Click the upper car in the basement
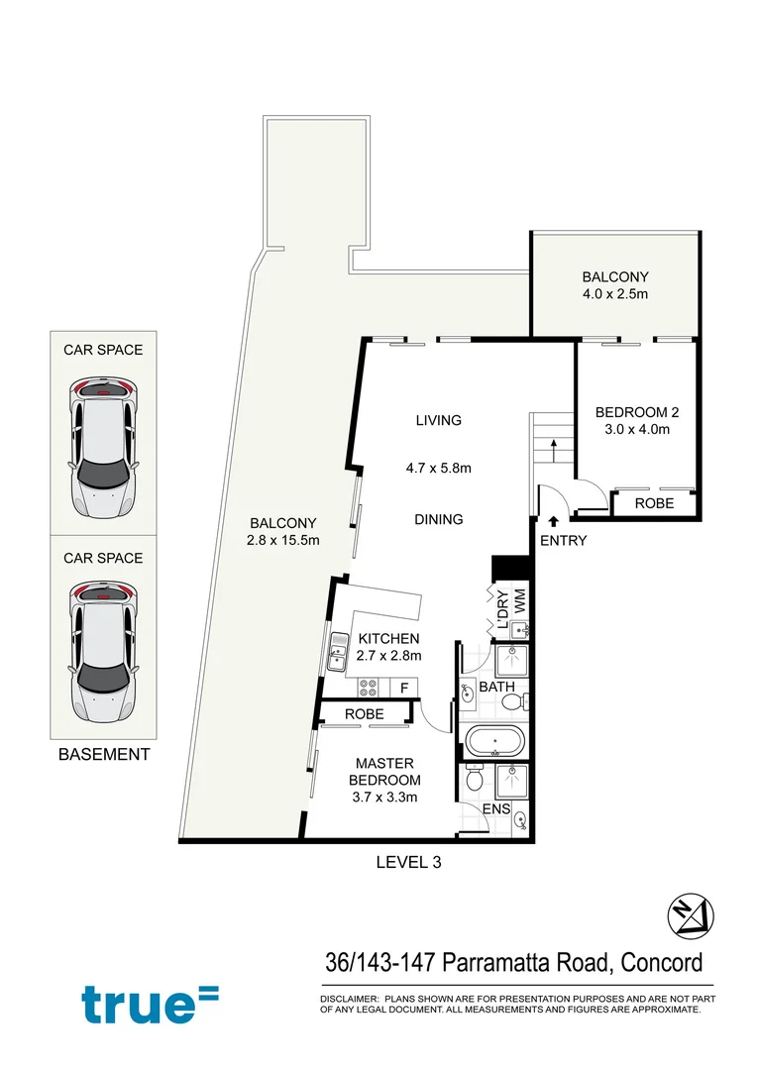click(x=103, y=448)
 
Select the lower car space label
click(x=103, y=558)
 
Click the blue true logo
click(x=150, y=1003)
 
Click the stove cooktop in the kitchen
click(x=369, y=687)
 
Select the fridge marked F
click(x=404, y=687)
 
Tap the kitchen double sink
click(x=332, y=655)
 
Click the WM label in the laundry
click(x=519, y=600)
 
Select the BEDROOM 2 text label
click(x=635, y=412)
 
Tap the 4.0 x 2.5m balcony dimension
click(x=615, y=294)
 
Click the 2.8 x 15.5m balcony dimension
click(x=283, y=540)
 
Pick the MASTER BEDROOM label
click(x=385, y=772)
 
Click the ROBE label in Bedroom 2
click(x=653, y=503)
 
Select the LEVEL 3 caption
click(x=408, y=862)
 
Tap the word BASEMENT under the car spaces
click(x=104, y=754)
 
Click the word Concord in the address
click(x=663, y=962)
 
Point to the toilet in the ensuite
click(x=475, y=782)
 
